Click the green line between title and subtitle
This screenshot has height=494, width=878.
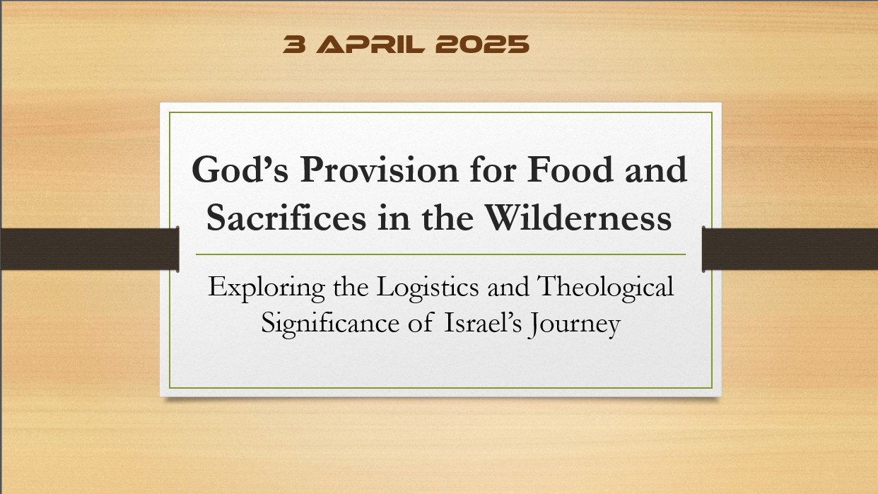pyautogui.click(x=440, y=254)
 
